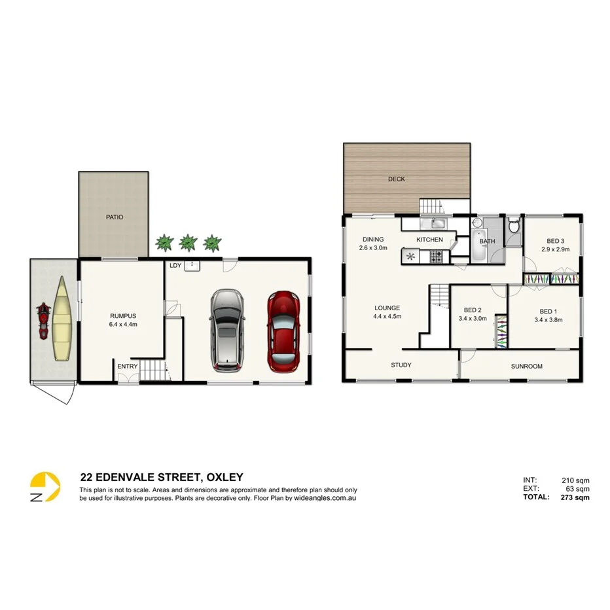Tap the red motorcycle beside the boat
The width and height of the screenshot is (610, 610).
tap(43, 321)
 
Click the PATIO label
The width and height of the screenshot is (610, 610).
tap(115, 217)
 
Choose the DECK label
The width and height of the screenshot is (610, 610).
tap(397, 179)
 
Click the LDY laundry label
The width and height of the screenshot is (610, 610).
tap(175, 266)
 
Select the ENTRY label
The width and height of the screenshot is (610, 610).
tap(128, 367)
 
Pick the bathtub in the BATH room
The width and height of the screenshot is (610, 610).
tap(478, 251)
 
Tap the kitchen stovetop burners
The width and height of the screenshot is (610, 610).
tap(435, 257)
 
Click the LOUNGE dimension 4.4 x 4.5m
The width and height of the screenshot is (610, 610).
tap(387, 316)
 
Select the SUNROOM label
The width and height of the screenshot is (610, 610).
tap(527, 367)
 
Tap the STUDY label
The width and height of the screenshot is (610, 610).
tap(401, 365)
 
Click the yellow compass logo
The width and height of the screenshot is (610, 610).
tap(45, 488)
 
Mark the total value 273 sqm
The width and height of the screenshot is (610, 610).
tap(575, 497)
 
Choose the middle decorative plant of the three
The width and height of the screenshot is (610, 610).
tap(188, 243)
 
